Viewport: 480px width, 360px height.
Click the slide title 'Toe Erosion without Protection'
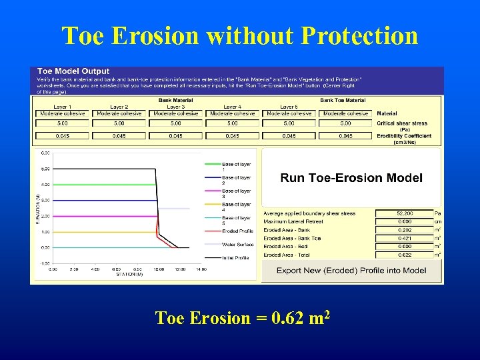coord(240,35)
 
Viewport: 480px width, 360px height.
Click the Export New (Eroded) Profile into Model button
coord(351,270)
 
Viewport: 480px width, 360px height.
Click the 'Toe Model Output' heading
coord(73,71)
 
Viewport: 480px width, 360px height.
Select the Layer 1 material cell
coord(62,113)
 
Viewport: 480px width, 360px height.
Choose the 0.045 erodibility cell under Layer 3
coord(175,136)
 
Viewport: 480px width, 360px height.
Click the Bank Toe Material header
coord(343,101)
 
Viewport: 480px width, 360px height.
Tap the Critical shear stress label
coord(403,123)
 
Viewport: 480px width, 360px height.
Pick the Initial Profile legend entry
coord(237,257)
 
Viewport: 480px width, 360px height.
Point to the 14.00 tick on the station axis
coord(201,269)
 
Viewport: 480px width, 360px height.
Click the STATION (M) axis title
coord(130,274)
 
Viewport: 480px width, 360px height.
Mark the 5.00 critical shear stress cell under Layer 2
coord(119,123)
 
